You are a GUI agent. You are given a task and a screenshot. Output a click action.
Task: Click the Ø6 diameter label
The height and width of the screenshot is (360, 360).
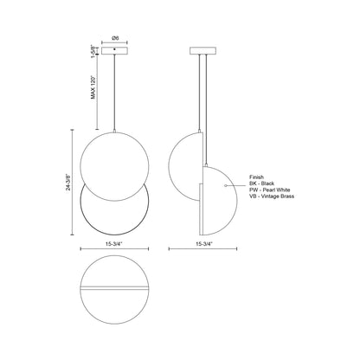(115, 37)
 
